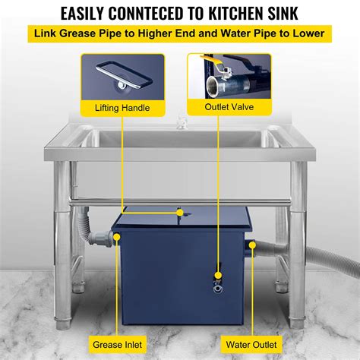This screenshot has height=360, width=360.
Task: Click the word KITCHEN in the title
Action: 257,13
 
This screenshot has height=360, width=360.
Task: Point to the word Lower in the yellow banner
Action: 305,35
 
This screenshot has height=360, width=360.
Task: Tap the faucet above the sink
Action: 181,122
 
